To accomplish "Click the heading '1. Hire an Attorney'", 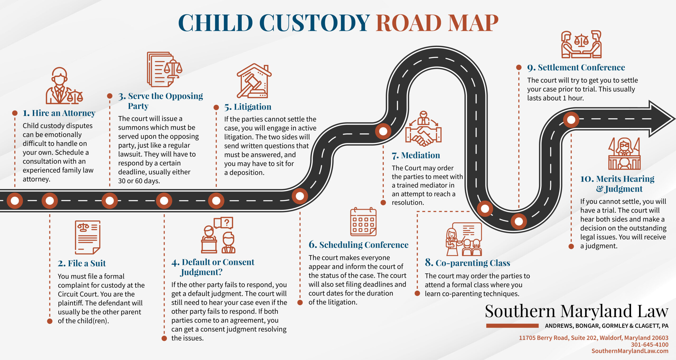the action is coord(59,113).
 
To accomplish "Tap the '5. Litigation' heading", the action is coord(248,107).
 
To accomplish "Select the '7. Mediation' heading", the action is coord(416,155).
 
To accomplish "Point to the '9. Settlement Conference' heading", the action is coord(576,67).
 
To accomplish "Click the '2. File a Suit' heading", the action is coord(82,263).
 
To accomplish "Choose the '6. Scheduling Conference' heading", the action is coord(359,245).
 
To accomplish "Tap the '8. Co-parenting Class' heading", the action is coord(467,263).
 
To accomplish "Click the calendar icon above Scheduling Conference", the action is coord(363,221).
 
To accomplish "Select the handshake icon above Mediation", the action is coord(423,129).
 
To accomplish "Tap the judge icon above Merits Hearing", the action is coord(624,153).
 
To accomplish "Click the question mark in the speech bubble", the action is coord(227,223).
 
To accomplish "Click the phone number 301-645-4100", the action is coord(650,344).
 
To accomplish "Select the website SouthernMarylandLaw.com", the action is coord(630,351).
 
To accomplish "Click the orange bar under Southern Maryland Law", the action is coord(512,326).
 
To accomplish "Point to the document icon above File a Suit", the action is coord(88,237).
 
